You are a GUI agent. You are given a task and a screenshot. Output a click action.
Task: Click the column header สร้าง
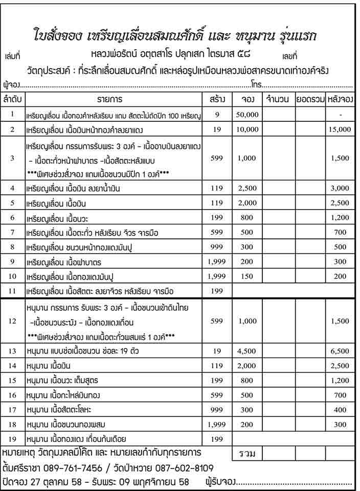[x=217, y=99]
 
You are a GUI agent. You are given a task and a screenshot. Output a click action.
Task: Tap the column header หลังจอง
[x=340, y=99]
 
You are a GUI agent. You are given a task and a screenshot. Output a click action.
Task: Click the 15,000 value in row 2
[x=340, y=129]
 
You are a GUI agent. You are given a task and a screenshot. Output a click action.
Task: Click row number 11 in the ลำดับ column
[x=13, y=292]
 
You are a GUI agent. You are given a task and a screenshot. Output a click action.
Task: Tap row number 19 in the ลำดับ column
[x=13, y=439]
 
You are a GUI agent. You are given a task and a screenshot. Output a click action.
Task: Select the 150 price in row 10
[x=247, y=277]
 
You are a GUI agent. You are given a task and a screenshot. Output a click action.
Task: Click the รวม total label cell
[x=247, y=454]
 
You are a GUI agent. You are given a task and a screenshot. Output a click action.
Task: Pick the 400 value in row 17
[x=340, y=410]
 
